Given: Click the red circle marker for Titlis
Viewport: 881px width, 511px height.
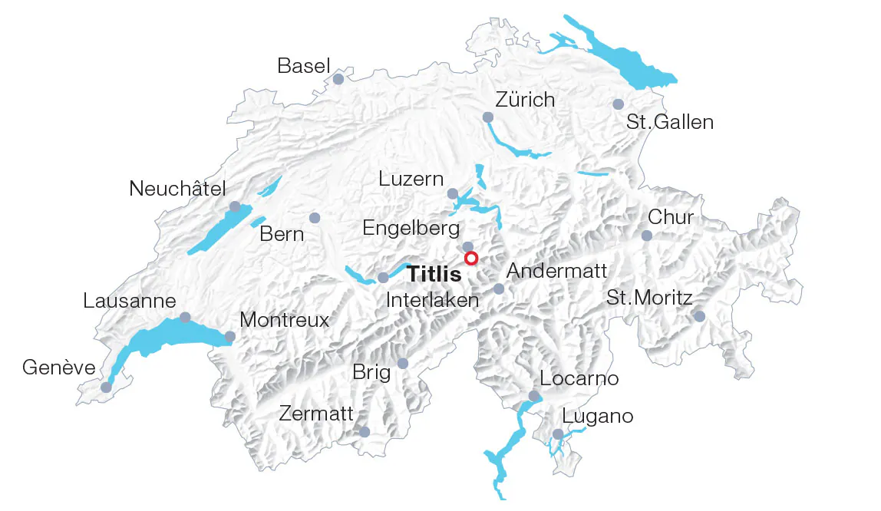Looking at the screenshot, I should click(x=471, y=259).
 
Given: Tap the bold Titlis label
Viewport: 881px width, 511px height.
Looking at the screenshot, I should click(x=434, y=275).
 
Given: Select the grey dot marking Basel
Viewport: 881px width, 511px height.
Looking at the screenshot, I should click(x=338, y=79).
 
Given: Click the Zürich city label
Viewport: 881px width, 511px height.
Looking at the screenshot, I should click(x=525, y=100).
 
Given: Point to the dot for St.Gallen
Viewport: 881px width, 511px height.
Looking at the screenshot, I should click(x=618, y=104).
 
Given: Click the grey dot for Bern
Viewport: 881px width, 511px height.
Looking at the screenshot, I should click(x=314, y=218).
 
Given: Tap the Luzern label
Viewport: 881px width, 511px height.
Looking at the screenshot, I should click(x=411, y=179).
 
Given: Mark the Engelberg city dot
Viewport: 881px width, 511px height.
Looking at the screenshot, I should click(x=467, y=246).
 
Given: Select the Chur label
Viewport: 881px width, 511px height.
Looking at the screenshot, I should click(x=670, y=217).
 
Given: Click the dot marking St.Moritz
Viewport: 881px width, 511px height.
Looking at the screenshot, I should click(x=699, y=316).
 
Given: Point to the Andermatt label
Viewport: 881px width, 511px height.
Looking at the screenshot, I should click(x=556, y=271).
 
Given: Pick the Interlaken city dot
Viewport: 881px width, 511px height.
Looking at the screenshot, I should click(x=383, y=277).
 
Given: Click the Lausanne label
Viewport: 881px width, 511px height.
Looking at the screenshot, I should click(x=130, y=301).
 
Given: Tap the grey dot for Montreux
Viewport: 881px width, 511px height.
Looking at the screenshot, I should click(x=229, y=336).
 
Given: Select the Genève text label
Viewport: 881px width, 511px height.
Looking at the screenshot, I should click(x=59, y=368).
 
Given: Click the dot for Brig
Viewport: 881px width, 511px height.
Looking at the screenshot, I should click(x=402, y=363).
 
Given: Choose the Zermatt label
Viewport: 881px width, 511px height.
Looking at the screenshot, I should click(x=316, y=414).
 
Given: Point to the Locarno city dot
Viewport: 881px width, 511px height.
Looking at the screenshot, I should click(x=533, y=396).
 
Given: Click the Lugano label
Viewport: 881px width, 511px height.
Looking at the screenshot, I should click(x=598, y=417).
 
